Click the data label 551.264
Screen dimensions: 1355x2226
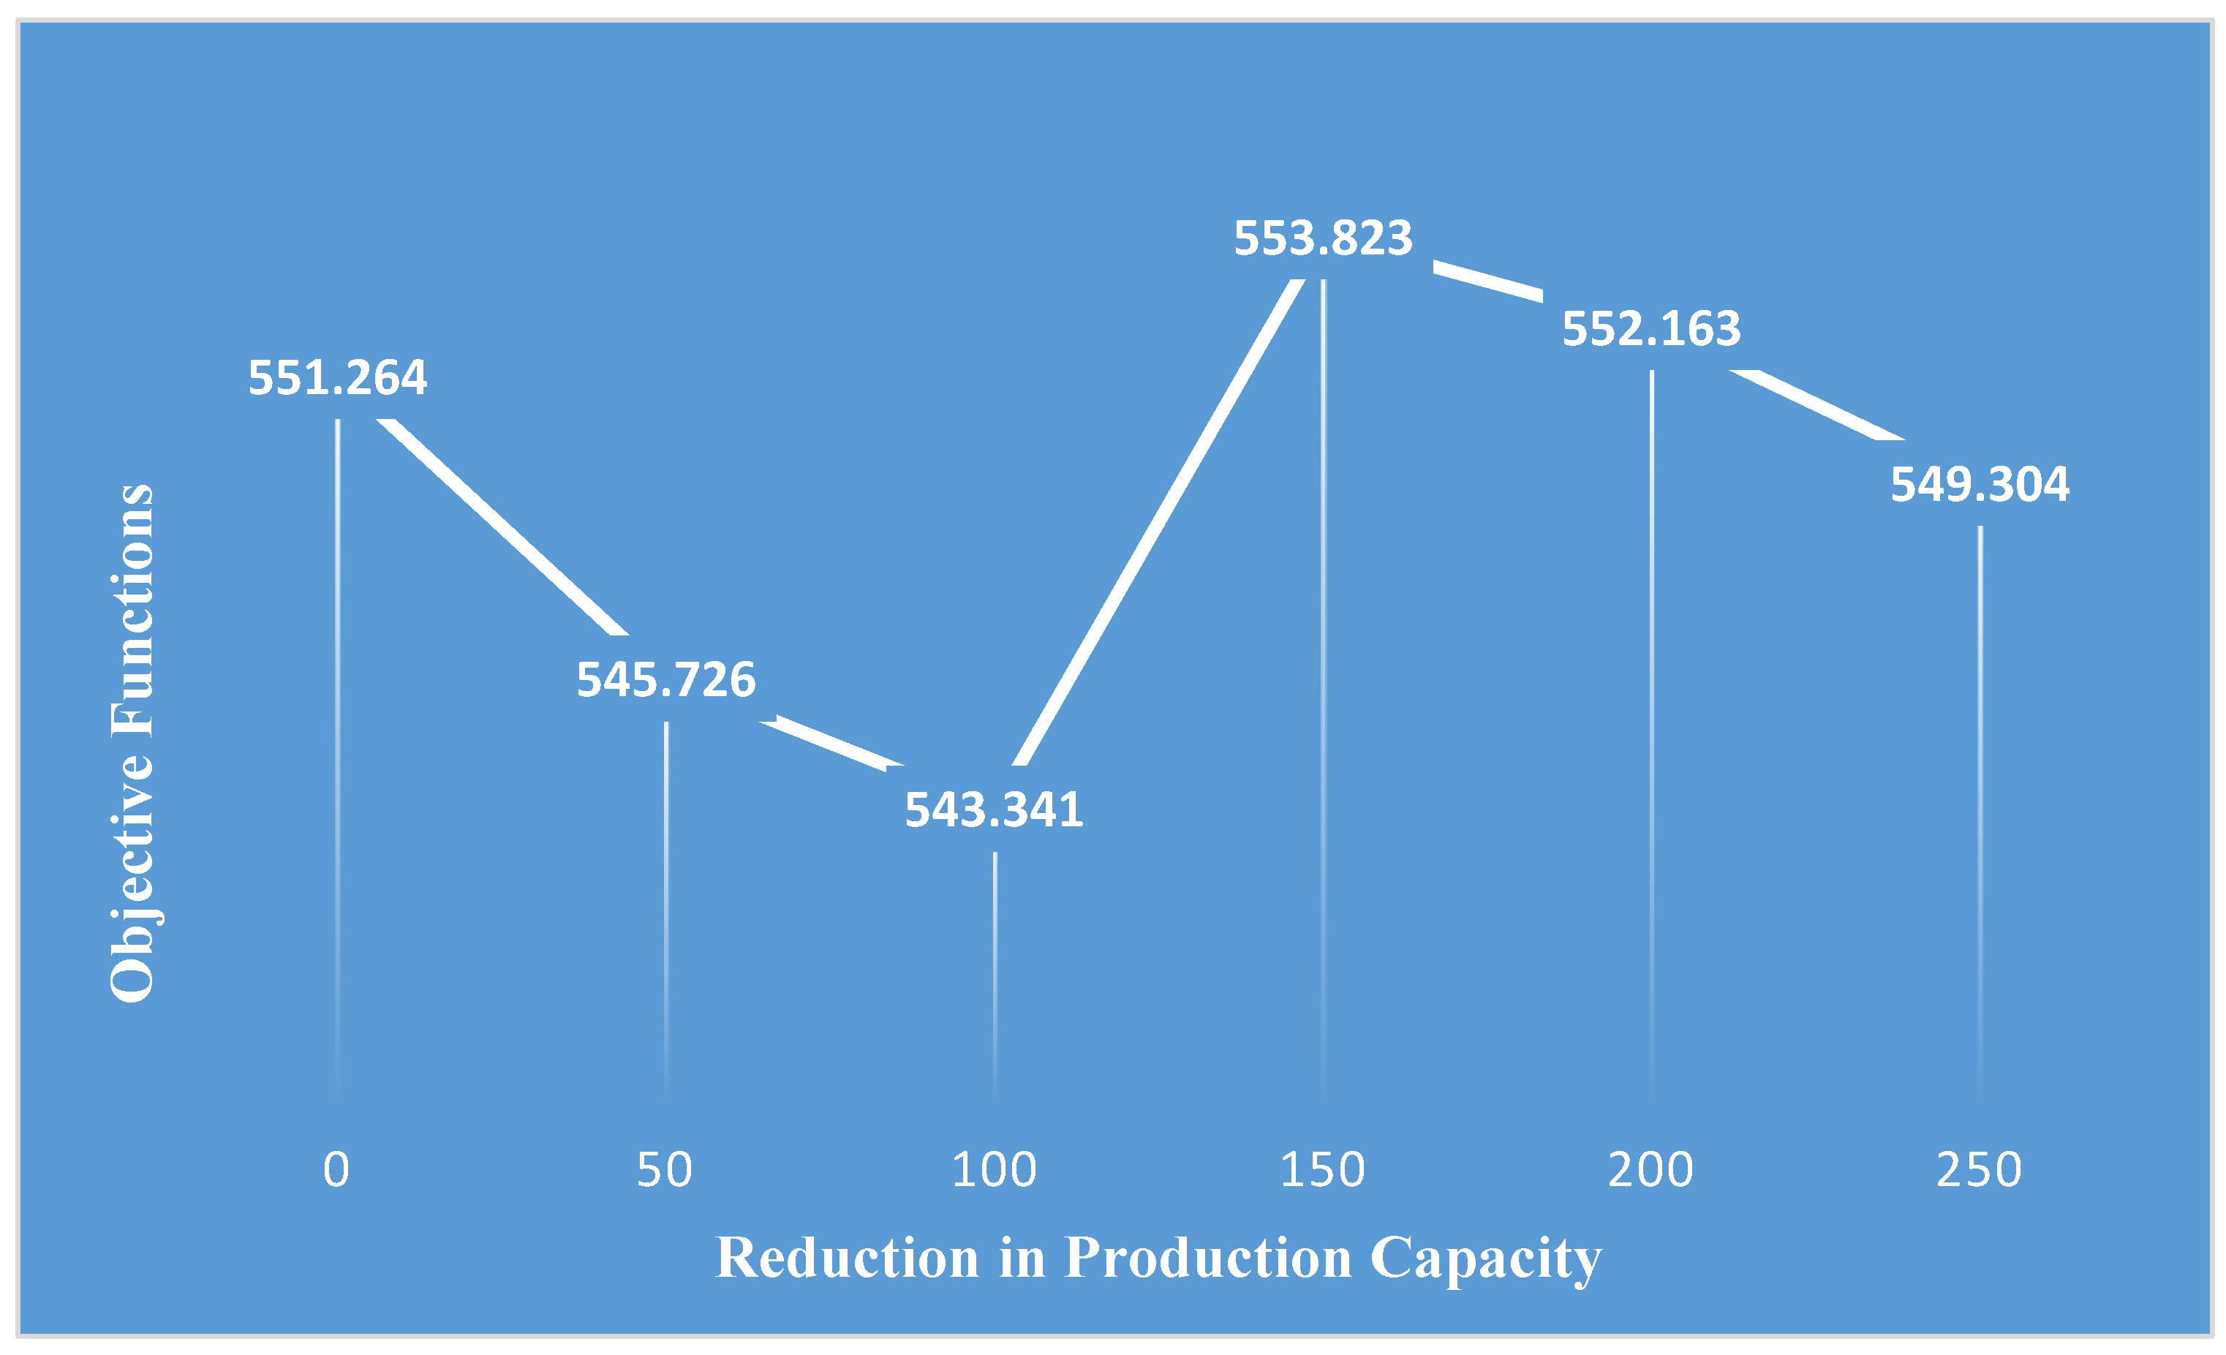click(337, 377)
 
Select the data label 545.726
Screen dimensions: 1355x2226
click(665, 680)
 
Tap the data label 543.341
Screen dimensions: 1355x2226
click(994, 810)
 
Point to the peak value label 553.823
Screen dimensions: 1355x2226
click(1323, 238)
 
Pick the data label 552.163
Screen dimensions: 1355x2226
click(1651, 329)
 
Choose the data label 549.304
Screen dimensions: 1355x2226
click(1980, 485)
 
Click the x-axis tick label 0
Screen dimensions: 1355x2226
click(336, 1170)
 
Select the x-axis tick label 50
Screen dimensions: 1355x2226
click(665, 1170)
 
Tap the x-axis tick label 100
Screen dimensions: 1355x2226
click(994, 1170)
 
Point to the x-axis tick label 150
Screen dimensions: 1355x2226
click(1323, 1170)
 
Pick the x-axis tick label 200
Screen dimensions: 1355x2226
click(1650, 1170)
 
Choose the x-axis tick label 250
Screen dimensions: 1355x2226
click(1979, 1170)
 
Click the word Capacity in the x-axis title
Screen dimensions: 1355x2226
click(1485, 1258)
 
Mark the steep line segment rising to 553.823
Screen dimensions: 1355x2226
click(1159, 522)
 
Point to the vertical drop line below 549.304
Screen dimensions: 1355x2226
click(1980, 795)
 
